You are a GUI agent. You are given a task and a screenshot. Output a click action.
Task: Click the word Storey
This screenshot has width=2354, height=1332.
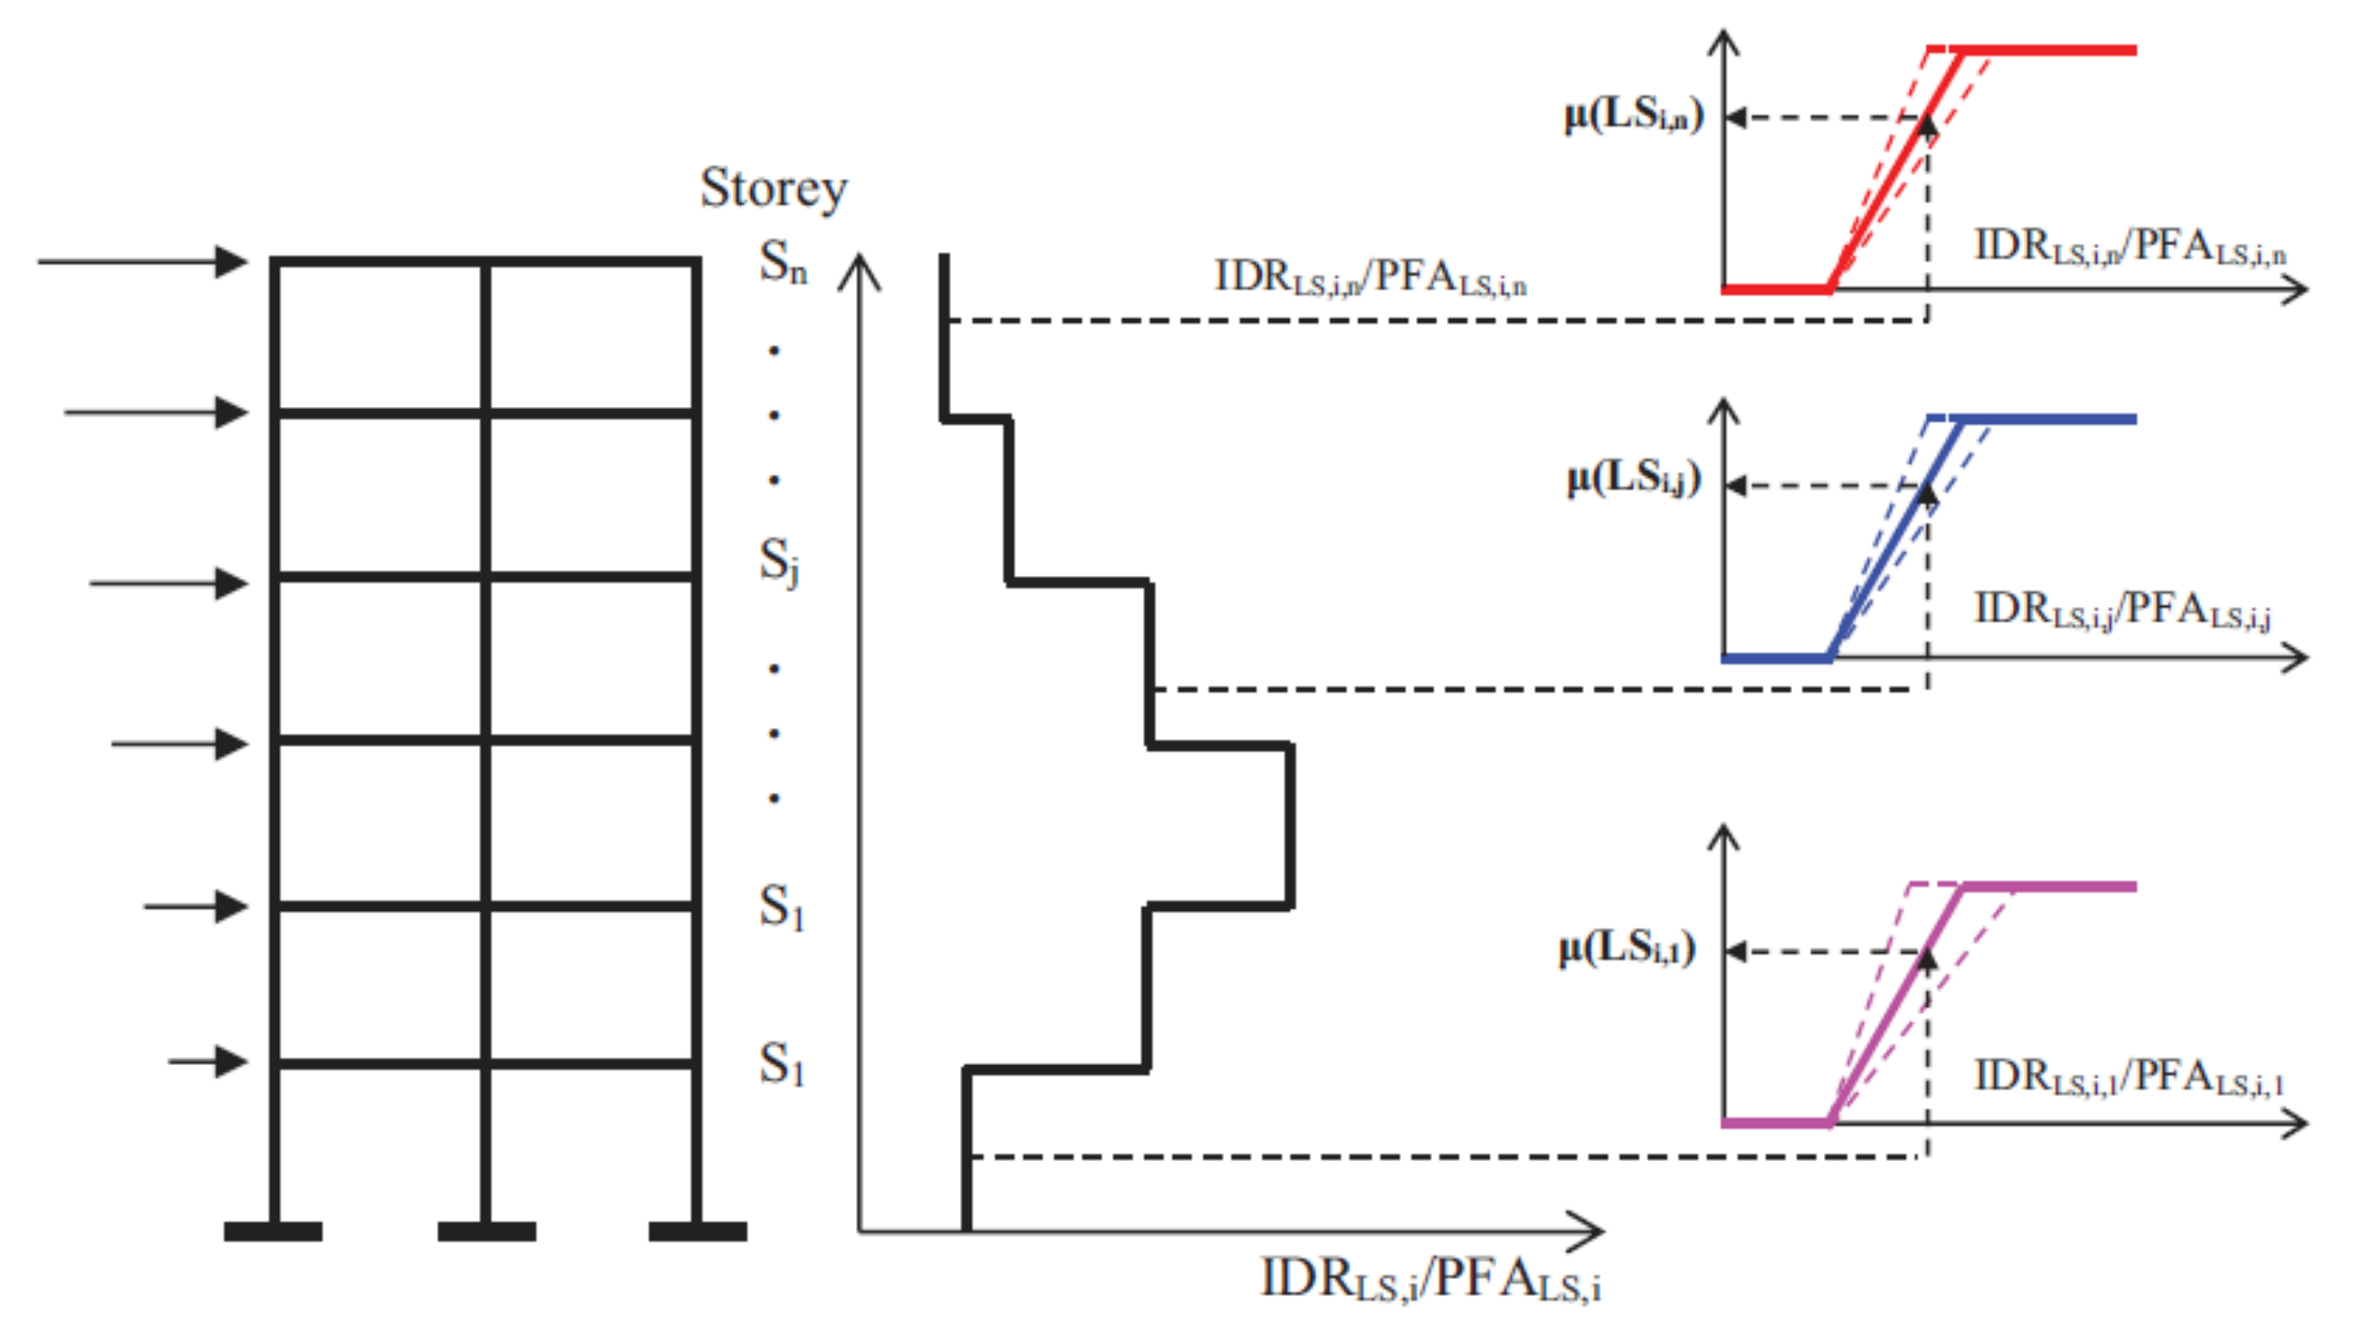pos(774,189)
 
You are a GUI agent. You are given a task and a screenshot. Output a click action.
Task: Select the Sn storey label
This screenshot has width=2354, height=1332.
pos(783,263)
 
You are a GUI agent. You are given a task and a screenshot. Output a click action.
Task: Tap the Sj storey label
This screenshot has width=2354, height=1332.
pos(779,560)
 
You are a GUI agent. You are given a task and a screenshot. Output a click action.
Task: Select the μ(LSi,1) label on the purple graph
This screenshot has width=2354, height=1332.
pos(1627,949)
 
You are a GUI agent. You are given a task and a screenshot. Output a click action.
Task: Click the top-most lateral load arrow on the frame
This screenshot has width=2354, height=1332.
pos(142,262)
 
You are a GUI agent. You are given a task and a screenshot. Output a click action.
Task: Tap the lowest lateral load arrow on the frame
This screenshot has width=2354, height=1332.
pos(208,1062)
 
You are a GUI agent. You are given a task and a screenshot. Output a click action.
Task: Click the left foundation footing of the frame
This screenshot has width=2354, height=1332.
pos(272,1232)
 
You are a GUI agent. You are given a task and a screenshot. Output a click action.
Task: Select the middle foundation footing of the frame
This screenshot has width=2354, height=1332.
pos(486,1232)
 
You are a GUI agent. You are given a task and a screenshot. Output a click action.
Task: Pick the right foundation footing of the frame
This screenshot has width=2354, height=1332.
pos(697,1232)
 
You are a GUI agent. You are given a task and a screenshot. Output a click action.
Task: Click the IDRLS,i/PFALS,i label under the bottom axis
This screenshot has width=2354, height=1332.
pos(1430,1279)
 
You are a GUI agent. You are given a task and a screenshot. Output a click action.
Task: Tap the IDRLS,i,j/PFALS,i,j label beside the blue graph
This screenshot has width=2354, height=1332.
pos(2122,610)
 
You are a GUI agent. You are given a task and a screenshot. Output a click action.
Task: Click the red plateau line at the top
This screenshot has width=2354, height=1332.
pos(2048,50)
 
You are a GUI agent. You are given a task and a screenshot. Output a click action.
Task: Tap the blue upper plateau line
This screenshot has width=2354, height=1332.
pos(2048,419)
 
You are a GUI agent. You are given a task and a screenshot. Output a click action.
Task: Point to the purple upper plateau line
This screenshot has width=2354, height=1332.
pos(2048,886)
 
